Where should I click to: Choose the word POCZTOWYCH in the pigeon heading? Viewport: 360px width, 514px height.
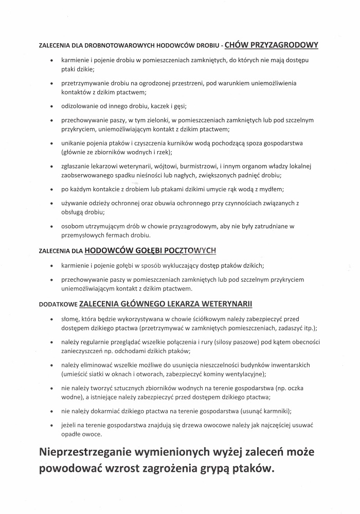(x=191, y=251)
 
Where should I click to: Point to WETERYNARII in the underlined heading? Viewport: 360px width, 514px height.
(x=223, y=303)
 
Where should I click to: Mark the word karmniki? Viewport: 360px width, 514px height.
(x=276, y=411)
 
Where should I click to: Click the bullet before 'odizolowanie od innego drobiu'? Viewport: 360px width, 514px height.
(x=51, y=106)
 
